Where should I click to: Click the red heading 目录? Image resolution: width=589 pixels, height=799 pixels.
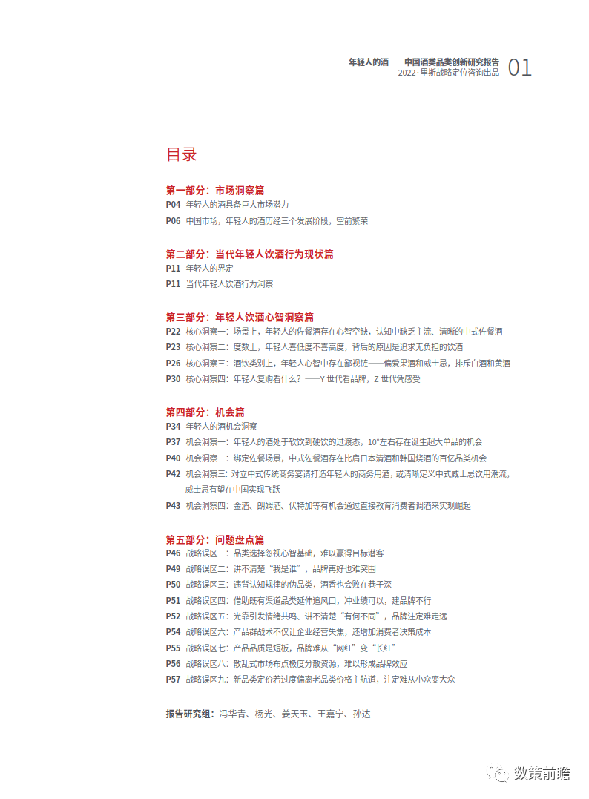[182, 155]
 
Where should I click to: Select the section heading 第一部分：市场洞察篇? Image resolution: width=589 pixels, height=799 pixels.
[215, 190]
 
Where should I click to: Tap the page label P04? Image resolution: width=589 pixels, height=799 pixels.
[173, 204]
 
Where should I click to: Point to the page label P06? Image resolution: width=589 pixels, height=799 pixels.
[173, 220]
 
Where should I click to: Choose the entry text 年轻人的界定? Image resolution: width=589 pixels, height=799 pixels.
[210, 268]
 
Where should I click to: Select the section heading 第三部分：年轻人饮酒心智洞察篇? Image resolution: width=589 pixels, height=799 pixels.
[240, 317]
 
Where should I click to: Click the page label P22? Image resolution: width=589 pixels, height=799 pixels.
[173, 332]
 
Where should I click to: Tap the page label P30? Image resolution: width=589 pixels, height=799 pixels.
[173, 378]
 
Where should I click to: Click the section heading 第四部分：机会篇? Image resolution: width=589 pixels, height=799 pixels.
[205, 412]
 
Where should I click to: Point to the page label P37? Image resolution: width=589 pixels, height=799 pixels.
[173, 442]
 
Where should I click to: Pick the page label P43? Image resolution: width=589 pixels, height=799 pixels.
[173, 506]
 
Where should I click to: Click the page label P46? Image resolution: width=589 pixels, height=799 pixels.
[173, 553]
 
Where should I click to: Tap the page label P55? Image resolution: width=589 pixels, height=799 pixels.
[173, 648]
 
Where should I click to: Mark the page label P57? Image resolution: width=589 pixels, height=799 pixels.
[173, 679]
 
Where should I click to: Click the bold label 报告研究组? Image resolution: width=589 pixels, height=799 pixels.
[189, 714]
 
